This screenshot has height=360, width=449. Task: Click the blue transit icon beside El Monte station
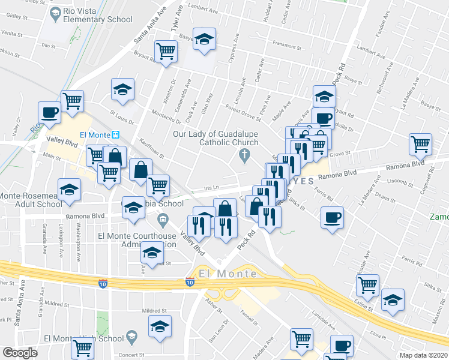[x=118, y=135]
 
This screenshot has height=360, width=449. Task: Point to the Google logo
[x=20, y=353]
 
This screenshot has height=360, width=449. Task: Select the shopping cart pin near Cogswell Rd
[x=421, y=143]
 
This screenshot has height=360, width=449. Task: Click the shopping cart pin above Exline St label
[x=367, y=284]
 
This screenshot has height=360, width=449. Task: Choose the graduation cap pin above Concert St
[x=160, y=326]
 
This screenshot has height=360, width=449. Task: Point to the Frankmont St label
[x=286, y=44]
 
